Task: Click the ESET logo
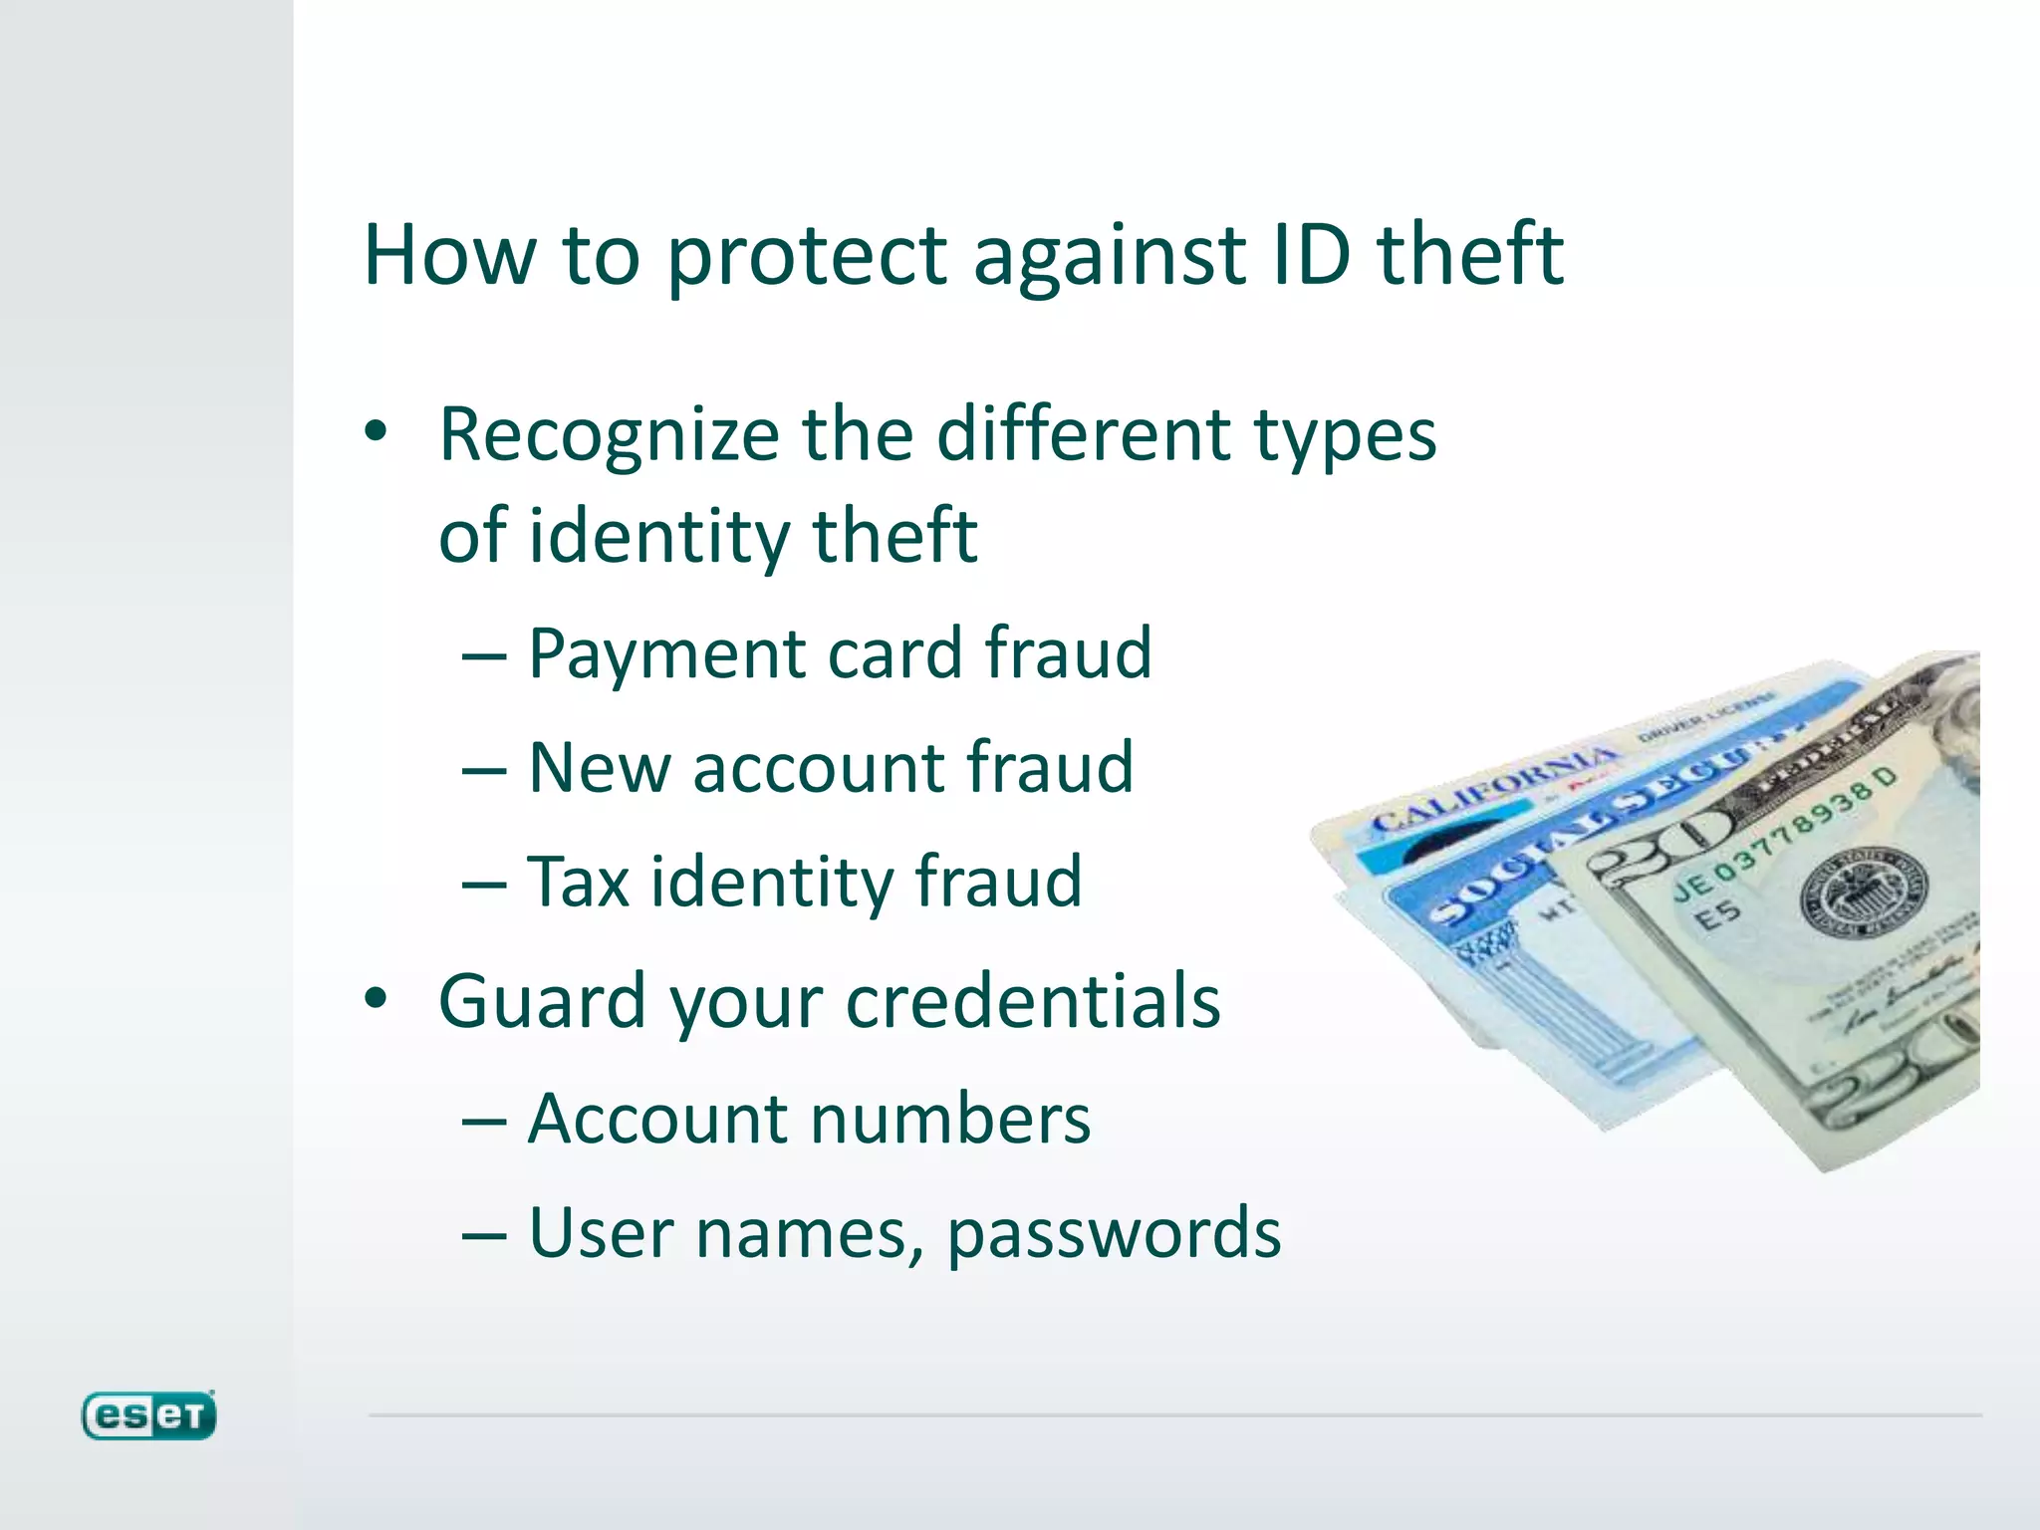click(x=148, y=1415)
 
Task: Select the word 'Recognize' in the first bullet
click(x=609, y=435)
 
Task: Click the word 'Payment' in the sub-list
click(x=666, y=654)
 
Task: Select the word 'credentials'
click(x=1033, y=1001)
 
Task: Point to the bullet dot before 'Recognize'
click(x=376, y=432)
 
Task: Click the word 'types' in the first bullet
click(x=1345, y=435)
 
